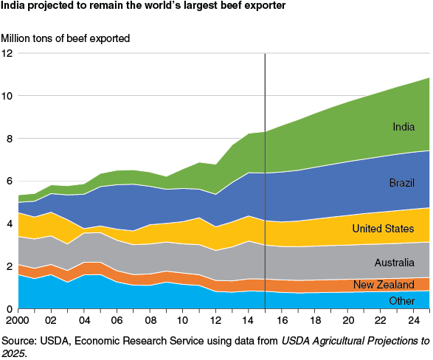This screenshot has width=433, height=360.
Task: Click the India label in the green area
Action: click(x=403, y=127)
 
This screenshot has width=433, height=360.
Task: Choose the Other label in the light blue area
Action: click(x=403, y=300)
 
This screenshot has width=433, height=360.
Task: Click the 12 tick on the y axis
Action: click(x=7, y=53)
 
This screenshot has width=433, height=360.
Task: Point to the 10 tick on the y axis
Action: click(x=7, y=96)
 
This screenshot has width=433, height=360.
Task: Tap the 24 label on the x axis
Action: click(x=415, y=322)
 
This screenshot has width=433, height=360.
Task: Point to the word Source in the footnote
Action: click(x=18, y=340)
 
